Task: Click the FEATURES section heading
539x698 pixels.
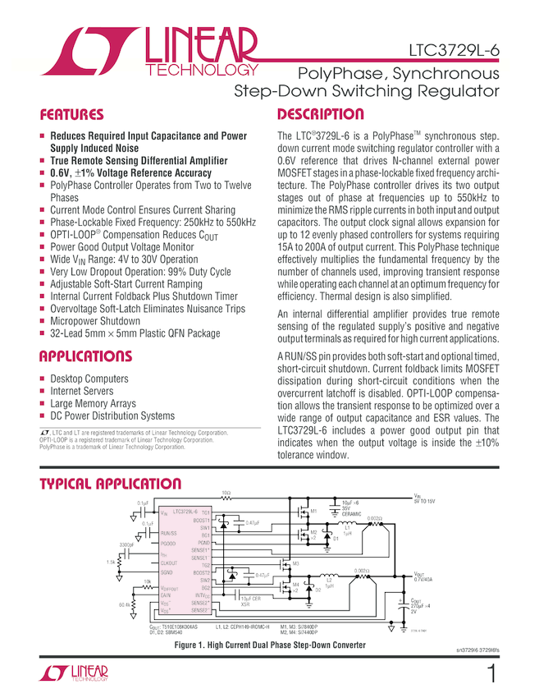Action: point(72,115)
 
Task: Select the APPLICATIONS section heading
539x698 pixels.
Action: point(85,357)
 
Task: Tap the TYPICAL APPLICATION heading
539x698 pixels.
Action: point(111,484)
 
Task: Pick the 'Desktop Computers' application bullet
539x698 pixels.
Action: point(89,379)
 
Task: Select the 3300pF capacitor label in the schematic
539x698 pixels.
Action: point(126,544)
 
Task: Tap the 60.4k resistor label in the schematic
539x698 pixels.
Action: point(124,606)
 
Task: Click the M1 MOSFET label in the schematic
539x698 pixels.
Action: point(313,512)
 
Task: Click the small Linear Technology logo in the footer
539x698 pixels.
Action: point(74,675)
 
